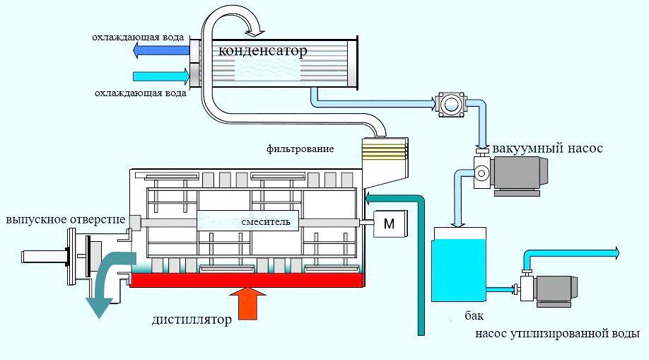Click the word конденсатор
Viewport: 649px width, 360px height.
[x=262, y=51]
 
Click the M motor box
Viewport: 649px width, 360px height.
[x=388, y=223]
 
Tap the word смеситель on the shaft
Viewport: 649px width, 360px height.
[x=265, y=221]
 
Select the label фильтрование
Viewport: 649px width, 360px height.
[x=300, y=149]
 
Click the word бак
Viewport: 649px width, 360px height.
[x=475, y=315]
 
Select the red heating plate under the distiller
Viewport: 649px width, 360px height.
[x=247, y=280]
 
